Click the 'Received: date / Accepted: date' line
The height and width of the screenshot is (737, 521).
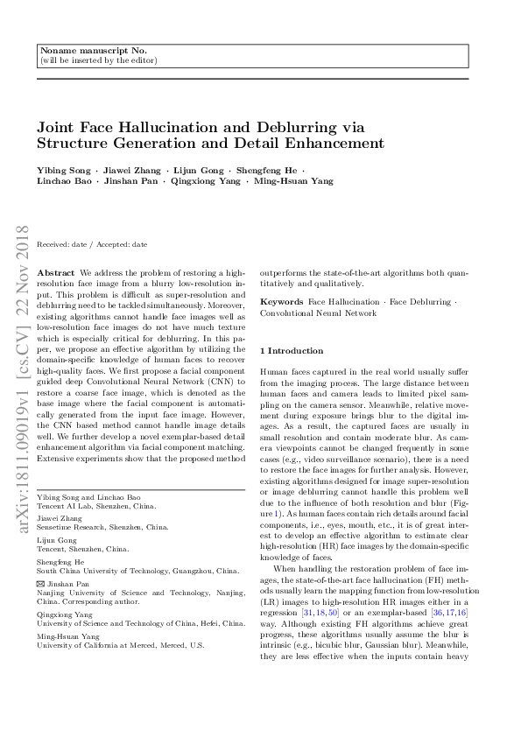point(92,244)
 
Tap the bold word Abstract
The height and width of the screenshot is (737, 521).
point(57,273)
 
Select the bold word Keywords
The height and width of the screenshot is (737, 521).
point(282,300)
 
